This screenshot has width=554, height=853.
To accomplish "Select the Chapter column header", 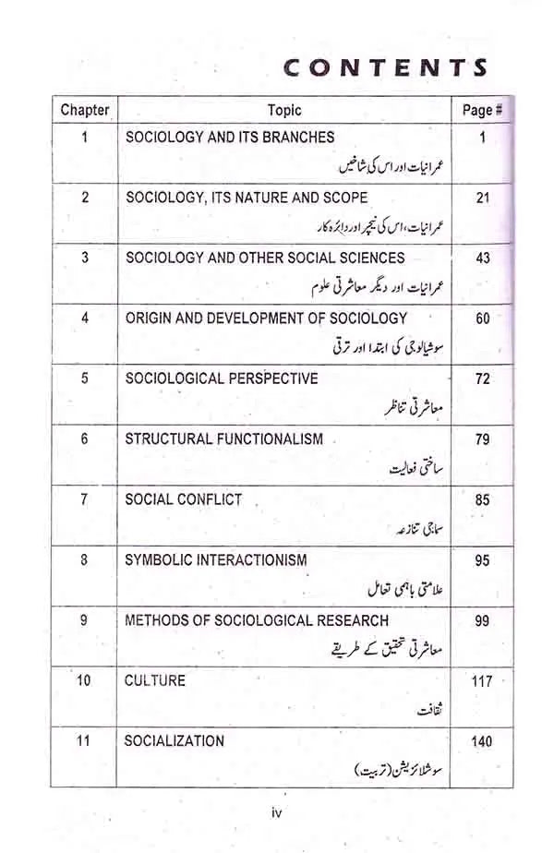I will coord(85,110).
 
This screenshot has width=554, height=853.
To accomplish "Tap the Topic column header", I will coord(284,110).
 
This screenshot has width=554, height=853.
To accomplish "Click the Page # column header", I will coord(482,110).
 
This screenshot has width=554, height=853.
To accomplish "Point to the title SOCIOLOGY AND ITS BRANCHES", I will coord(230,138).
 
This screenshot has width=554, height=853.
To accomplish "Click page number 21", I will coord(482,198).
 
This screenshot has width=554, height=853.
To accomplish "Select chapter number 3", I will coord(85,258).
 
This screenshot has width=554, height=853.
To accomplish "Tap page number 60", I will coord(482,318).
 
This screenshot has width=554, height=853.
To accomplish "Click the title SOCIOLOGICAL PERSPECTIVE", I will coord(222,378).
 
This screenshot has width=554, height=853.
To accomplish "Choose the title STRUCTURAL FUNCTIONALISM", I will coord(224,439).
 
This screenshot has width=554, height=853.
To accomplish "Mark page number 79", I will coord(482,439).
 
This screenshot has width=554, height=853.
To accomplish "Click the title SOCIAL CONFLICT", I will coord(184,499).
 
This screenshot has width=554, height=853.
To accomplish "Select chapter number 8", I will coord(85,559).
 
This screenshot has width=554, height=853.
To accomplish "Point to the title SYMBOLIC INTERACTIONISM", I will coord(216,559).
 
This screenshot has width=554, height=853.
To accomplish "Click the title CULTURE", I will coord(155,680).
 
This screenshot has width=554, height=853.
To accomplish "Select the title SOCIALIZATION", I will coord(175,740).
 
